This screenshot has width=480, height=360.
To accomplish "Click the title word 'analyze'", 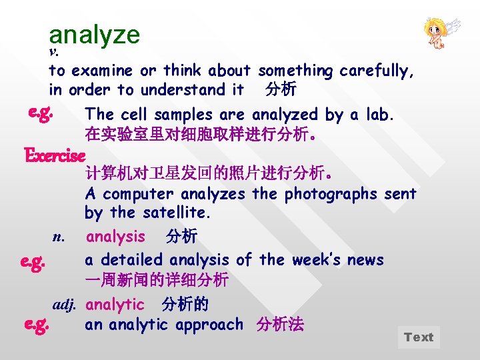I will coord(94,35).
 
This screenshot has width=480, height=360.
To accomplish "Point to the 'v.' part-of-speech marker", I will coord(55,52).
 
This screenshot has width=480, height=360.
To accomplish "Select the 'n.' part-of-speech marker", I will coord(59,237).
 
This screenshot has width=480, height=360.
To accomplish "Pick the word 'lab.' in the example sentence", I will coord(380,115).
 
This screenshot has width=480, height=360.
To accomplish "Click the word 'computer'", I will coord(138,195).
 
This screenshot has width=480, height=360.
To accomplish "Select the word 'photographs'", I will coord(326,195).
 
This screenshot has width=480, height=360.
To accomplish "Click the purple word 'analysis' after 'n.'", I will coord(115,237).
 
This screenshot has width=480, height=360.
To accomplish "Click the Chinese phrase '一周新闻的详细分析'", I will coord(157,279).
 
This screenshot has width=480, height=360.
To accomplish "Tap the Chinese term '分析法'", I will coord(280,325).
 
